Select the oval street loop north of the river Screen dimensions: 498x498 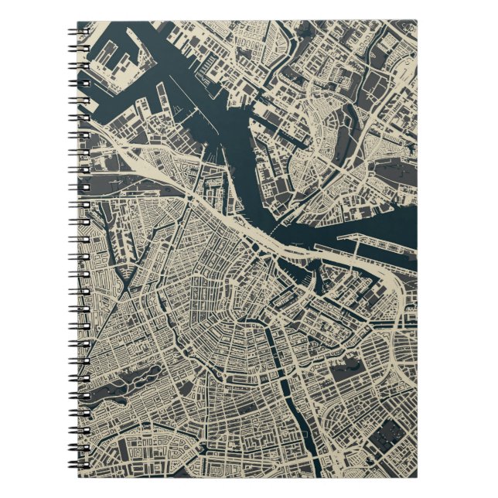(325, 131)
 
